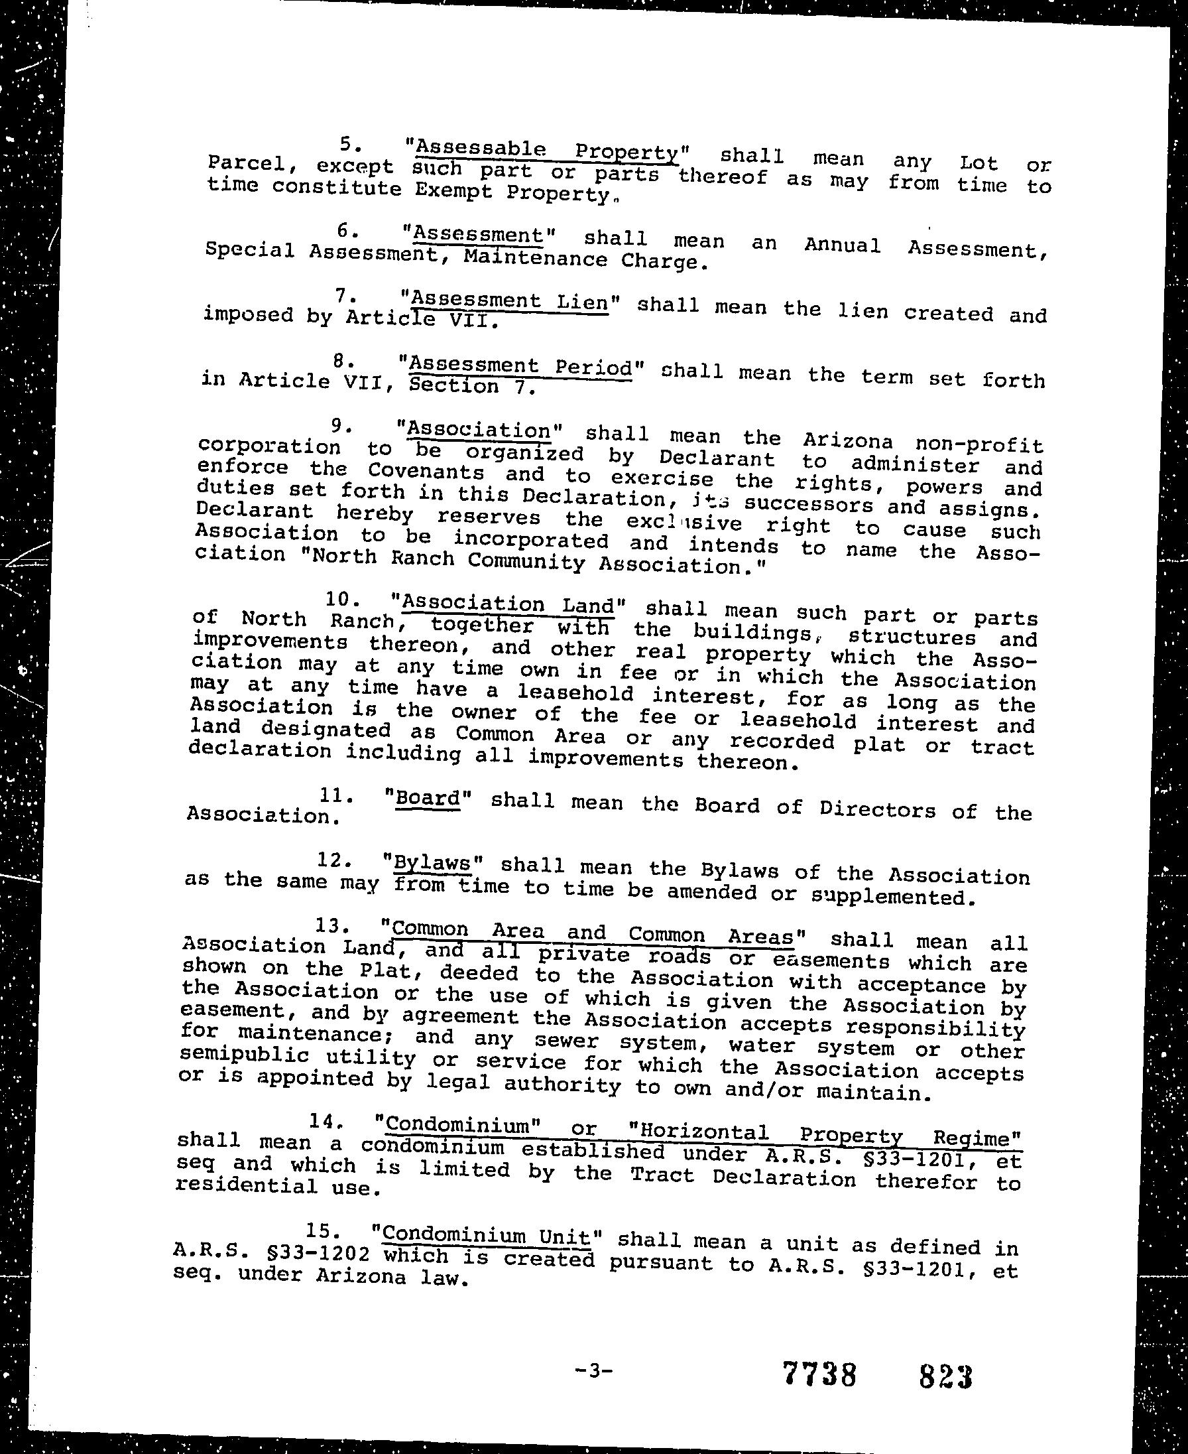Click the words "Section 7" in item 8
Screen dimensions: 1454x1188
471,387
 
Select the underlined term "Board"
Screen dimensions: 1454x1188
428,799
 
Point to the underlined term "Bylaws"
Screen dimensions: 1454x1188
433,863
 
